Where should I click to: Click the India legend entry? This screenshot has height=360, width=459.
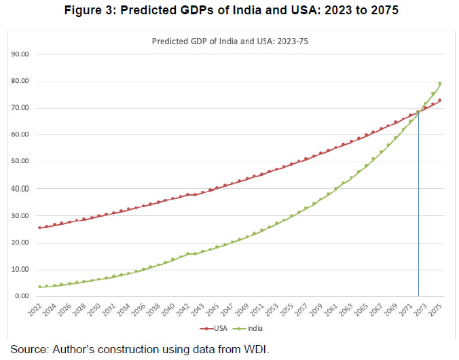(x=252, y=329)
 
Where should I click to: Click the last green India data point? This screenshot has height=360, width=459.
(x=440, y=84)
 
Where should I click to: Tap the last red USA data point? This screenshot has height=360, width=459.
(x=440, y=101)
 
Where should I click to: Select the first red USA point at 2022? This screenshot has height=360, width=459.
(x=40, y=228)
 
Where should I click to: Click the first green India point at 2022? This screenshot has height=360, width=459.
(x=40, y=287)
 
